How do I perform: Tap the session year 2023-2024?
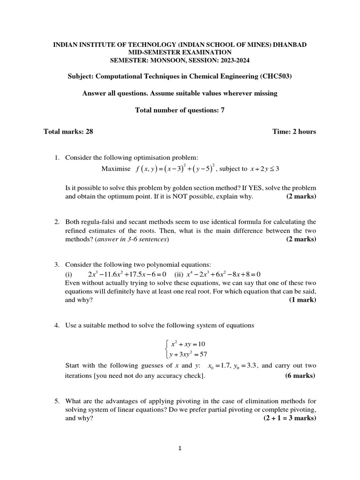pyautogui.click(x=227, y=60)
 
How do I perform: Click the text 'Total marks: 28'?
pyautogui.click(x=68, y=132)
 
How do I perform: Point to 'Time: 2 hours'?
pyautogui.click(x=294, y=132)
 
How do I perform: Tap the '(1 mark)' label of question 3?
pyautogui.click(x=302, y=300)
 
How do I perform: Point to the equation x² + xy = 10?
pyautogui.click(x=188, y=344)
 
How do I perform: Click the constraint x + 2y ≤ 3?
pyautogui.click(x=265, y=169)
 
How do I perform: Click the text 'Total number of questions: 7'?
pyautogui.click(x=180, y=110)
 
